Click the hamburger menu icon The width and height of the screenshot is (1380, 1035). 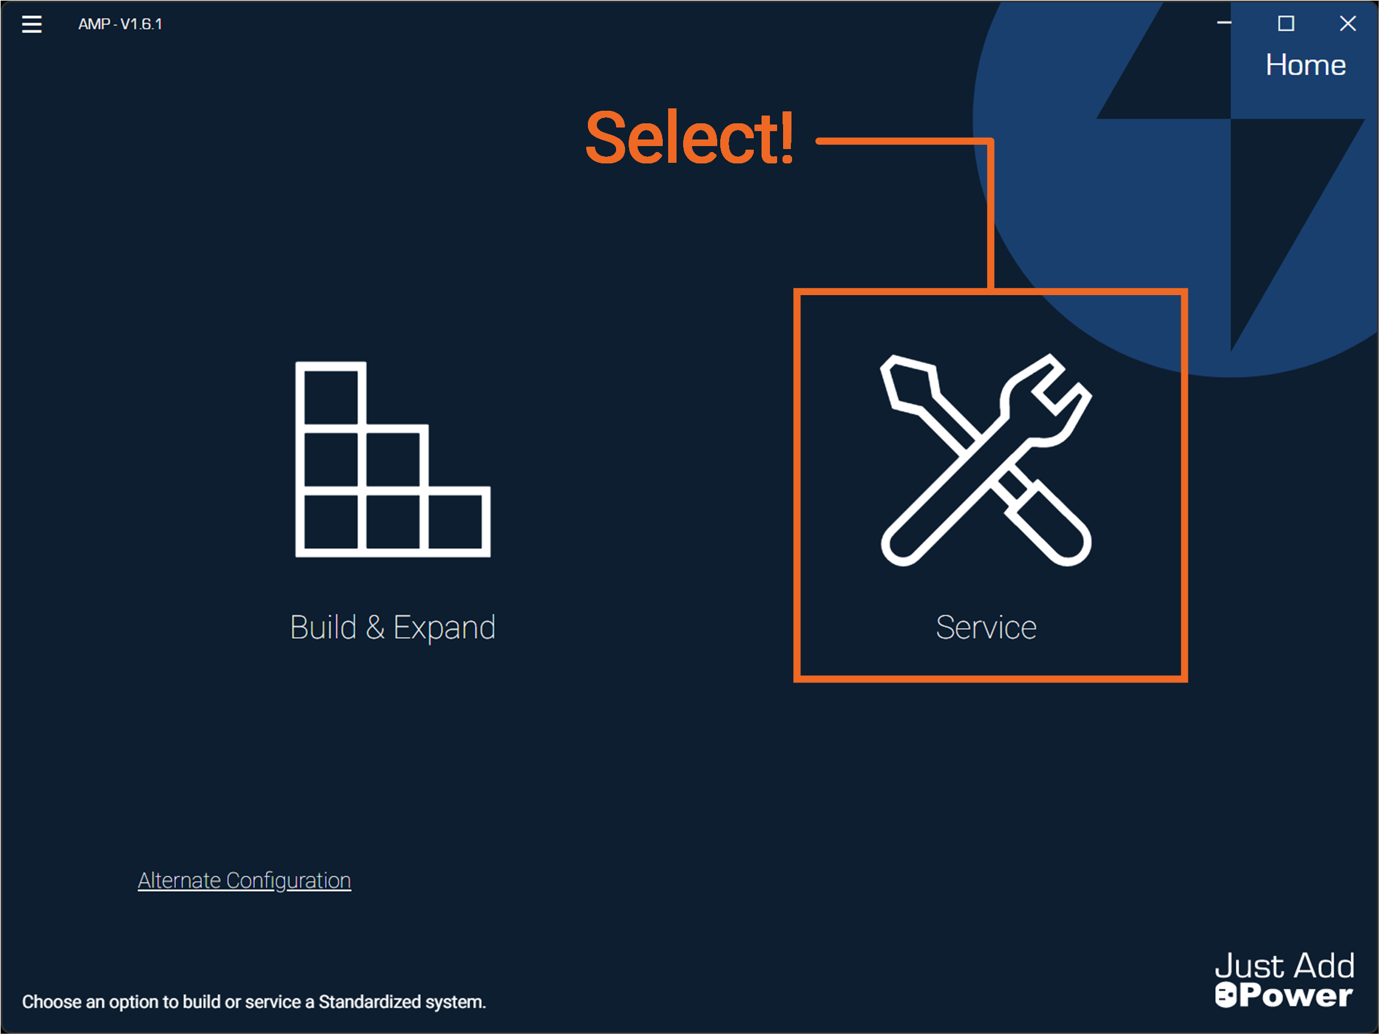point(32,24)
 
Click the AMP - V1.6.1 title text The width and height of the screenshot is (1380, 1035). point(120,24)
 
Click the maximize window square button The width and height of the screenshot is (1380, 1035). point(1286,24)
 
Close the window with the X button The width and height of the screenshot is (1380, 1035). point(1348,24)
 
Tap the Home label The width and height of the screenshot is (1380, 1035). point(1306,65)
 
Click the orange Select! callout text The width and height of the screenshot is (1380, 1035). point(689,138)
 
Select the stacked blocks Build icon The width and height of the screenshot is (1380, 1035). point(392,459)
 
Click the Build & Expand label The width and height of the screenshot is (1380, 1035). point(392,627)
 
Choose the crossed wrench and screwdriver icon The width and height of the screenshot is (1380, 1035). point(985,460)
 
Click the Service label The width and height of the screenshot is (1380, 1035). point(985,627)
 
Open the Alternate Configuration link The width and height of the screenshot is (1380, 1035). point(244,881)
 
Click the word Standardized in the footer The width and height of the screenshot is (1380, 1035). point(370,1002)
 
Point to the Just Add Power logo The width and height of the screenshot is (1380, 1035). point(1285,979)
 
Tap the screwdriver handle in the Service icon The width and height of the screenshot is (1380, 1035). point(1048,524)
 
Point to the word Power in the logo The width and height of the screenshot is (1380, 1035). point(1295,995)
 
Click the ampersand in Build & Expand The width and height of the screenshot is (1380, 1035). point(375,627)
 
